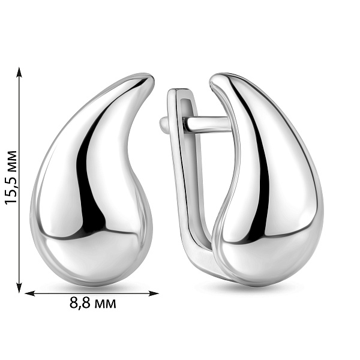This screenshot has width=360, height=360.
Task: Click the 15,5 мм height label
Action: click(11, 178)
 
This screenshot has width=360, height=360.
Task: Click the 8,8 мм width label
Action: click(93, 303)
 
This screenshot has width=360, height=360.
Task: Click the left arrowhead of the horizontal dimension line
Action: click(29, 293)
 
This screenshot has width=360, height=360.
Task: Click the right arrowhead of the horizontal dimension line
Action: click(154, 293)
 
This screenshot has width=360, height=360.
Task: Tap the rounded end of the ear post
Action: click(163, 124)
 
